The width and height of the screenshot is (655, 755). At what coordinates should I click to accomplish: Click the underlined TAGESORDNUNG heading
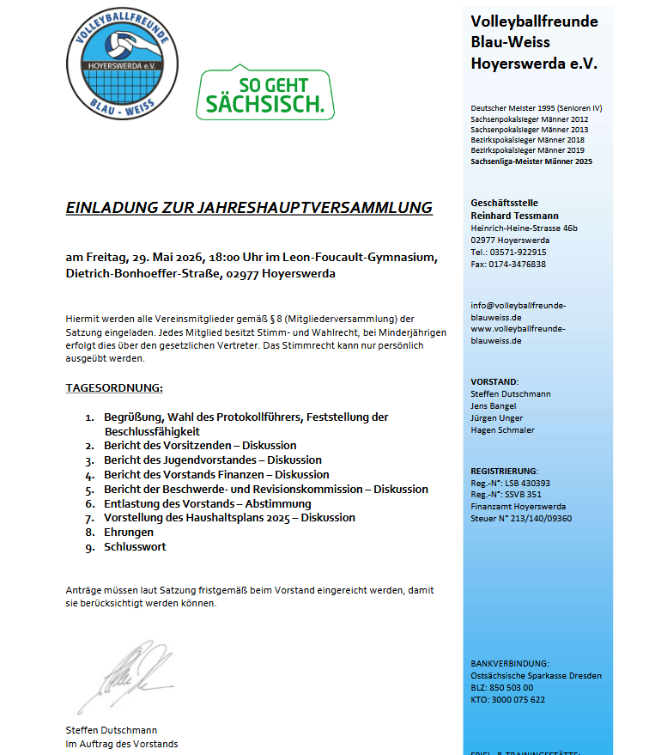tap(114, 387)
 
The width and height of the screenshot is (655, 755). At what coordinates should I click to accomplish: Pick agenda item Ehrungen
tap(129, 533)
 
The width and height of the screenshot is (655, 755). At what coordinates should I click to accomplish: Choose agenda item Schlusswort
tap(135, 547)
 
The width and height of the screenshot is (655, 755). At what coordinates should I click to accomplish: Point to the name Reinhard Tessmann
tap(514, 215)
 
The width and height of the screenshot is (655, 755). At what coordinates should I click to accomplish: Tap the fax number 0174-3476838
tap(517, 265)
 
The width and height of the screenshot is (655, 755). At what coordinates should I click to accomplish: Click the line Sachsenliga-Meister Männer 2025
tap(531, 161)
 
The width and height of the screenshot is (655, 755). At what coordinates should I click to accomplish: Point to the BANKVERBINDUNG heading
tap(509, 664)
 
